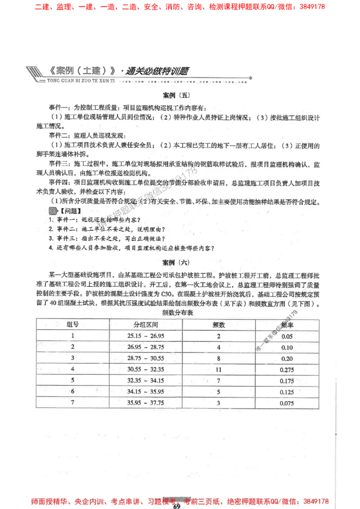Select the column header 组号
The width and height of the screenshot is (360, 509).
pos(72,325)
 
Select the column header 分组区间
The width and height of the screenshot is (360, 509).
pos(145,325)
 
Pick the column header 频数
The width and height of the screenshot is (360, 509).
pos(219,325)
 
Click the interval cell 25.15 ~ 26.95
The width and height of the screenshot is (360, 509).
pos(145,336)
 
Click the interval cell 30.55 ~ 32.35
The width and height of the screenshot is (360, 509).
pos(145,369)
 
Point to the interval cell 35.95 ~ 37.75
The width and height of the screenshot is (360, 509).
pos(145,403)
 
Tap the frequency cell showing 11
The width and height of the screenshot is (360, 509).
pos(219,369)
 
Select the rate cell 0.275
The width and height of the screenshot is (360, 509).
pos(287,370)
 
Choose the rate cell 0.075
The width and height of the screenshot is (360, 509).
pos(287,403)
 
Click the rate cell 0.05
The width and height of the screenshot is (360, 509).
pos(287,336)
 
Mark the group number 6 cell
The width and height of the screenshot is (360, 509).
pos(72,392)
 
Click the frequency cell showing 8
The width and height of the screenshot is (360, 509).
pos(219,358)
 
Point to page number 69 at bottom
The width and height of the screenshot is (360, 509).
pos(177,504)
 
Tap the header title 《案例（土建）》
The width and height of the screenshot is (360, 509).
pos(84,71)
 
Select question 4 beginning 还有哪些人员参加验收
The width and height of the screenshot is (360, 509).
pos(130,248)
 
